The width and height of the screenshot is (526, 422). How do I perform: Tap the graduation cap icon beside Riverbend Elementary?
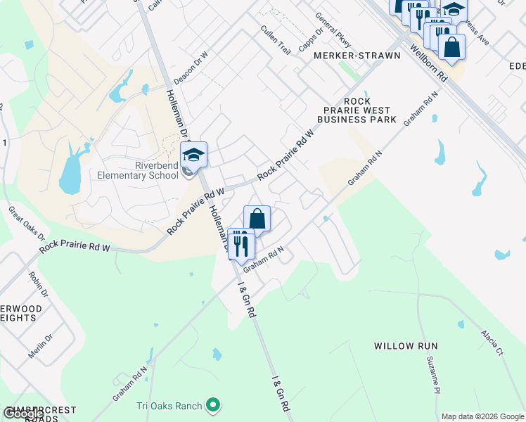[x=194, y=154]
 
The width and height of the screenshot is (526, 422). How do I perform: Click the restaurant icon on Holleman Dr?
[x=240, y=243]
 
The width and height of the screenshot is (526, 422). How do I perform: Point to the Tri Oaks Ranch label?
[x=169, y=406]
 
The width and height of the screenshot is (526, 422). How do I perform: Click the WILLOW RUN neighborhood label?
[x=406, y=346]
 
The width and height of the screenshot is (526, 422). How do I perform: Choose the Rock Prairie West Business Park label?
[x=357, y=110]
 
